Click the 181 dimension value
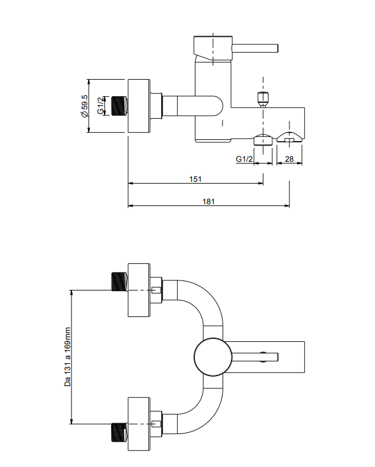(x=208, y=201)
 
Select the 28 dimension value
(x=289, y=159)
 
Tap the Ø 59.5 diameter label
(x=85, y=106)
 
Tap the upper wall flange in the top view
(x=139, y=289)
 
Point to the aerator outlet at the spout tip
(x=289, y=139)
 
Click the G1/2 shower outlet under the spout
(x=263, y=139)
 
